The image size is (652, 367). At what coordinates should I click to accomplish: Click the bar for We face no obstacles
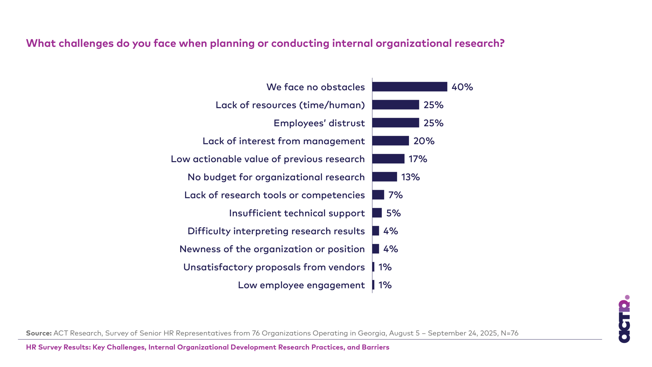coord(410,87)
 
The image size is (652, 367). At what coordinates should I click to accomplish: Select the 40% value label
coord(462,87)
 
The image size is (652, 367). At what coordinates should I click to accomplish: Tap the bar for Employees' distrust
coord(396,123)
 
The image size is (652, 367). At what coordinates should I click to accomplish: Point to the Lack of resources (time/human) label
coord(290,105)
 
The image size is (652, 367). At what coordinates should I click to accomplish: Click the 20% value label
coord(424,141)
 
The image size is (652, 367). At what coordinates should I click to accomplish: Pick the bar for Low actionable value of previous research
coord(388,159)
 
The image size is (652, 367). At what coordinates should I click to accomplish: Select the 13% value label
coord(410,177)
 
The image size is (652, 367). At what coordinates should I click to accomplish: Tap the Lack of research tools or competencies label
coord(274,195)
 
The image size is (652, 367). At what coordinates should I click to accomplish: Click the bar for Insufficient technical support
coord(377,213)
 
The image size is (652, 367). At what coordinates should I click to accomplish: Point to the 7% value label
coord(395,195)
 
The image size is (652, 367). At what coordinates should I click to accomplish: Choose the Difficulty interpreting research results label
coord(276,231)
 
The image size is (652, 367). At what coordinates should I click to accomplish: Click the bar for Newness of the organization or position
coord(376,249)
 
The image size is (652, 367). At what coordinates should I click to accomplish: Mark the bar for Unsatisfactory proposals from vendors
coord(373,267)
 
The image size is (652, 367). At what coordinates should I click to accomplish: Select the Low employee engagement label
coord(301,285)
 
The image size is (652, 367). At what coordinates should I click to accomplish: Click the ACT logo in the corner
coord(624,320)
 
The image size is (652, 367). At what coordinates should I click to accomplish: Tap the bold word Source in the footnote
coord(39,333)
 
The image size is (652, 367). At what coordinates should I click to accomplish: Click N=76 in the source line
coord(509,333)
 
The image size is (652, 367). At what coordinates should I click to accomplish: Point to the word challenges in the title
coord(86,43)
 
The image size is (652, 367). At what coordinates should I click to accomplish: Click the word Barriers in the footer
coord(375,347)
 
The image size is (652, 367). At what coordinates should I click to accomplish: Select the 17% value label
coord(418,159)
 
